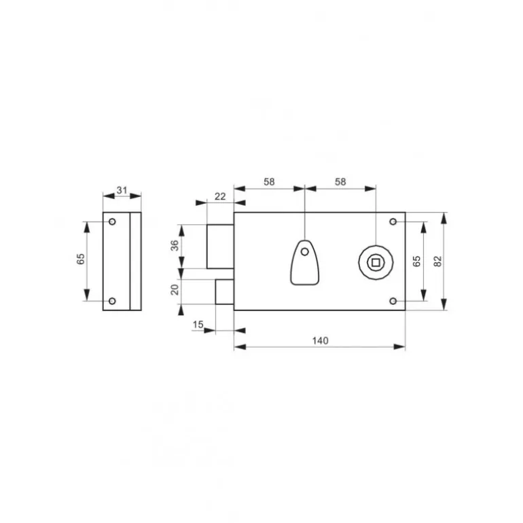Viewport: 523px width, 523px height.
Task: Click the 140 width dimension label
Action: pos(320,340)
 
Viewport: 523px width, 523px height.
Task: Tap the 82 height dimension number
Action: pos(438,261)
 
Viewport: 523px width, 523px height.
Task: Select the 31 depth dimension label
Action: pos(122,190)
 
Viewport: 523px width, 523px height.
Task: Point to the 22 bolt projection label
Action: pos(220,196)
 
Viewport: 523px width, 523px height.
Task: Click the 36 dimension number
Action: pos(175,245)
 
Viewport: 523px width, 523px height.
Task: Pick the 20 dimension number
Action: pos(175,289)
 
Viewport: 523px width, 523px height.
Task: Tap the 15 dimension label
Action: pos(198,324)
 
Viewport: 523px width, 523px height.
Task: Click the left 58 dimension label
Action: pos(269,182)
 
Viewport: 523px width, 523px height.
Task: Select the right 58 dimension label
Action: pos(340,182)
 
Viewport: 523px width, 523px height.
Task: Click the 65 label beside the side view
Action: pos(81,259)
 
